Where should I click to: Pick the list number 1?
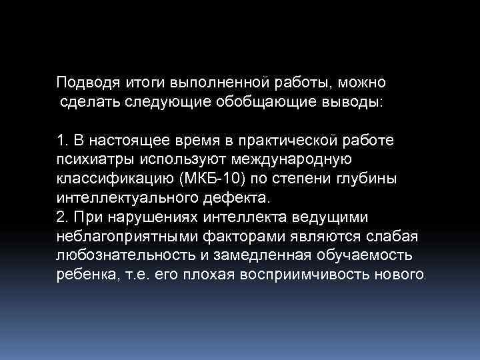tap(62, 141)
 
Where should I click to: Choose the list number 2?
tap(62, 217)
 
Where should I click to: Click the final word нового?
tap(396, 275)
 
